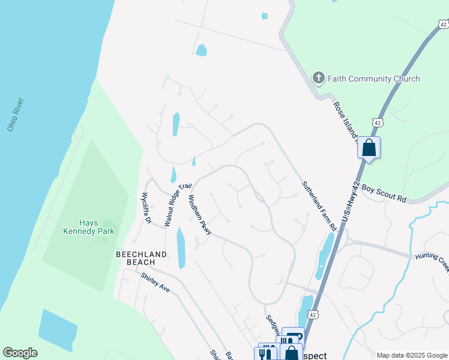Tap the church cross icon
point(319,78)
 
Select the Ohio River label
point(15,114)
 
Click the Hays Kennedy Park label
point(89,227)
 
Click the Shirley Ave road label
point(156,283)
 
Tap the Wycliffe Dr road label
point(146,208)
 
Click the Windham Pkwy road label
point(200,214)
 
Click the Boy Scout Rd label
point(384,193)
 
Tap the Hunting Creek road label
point(432,259)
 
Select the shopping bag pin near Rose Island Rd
point(369,146)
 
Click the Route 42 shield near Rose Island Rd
point(377,122)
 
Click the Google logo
point(20,353)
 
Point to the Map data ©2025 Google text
point(412,355)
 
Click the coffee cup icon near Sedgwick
point(294,338)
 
